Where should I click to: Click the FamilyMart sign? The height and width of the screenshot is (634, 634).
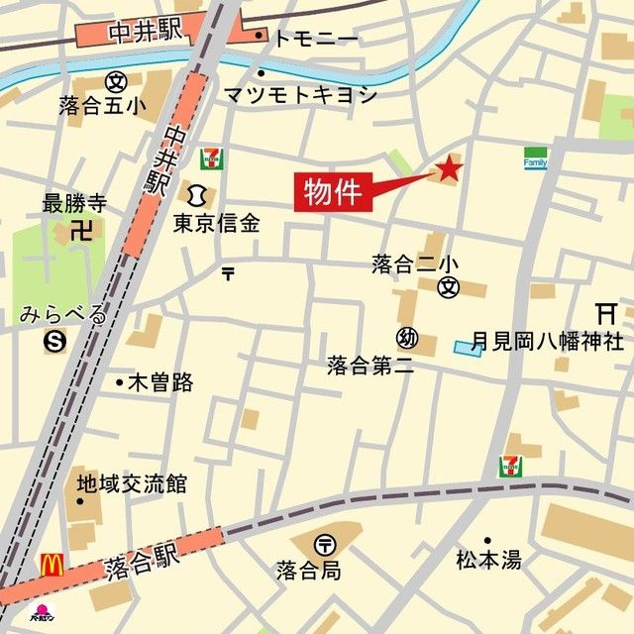pyautogui.click(x=535, y=158)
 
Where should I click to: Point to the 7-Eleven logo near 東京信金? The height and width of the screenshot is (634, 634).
pyautogui.click(x=210, y=158)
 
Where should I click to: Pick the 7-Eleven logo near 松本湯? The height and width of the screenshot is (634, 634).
pyautogui.click(x=511, y=466)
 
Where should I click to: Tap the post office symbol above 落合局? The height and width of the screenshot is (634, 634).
pyautogui.click(x=326, y=544)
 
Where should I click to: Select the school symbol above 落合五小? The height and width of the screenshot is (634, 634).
pyautogui.click(x=115, y=80)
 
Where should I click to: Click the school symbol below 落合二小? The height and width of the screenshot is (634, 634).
pyautogui.click(x=449, y=287)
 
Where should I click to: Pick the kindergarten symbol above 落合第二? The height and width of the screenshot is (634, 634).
pyautogui.click(x=406, y=337)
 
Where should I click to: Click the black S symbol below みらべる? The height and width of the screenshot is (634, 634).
pyautogui.click(x=53, y=343)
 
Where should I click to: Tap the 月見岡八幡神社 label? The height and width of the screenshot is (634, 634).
pyautogui.click(x=547, y=342)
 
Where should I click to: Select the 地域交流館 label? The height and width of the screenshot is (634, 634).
pyautogui.click(x=132, y=484)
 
